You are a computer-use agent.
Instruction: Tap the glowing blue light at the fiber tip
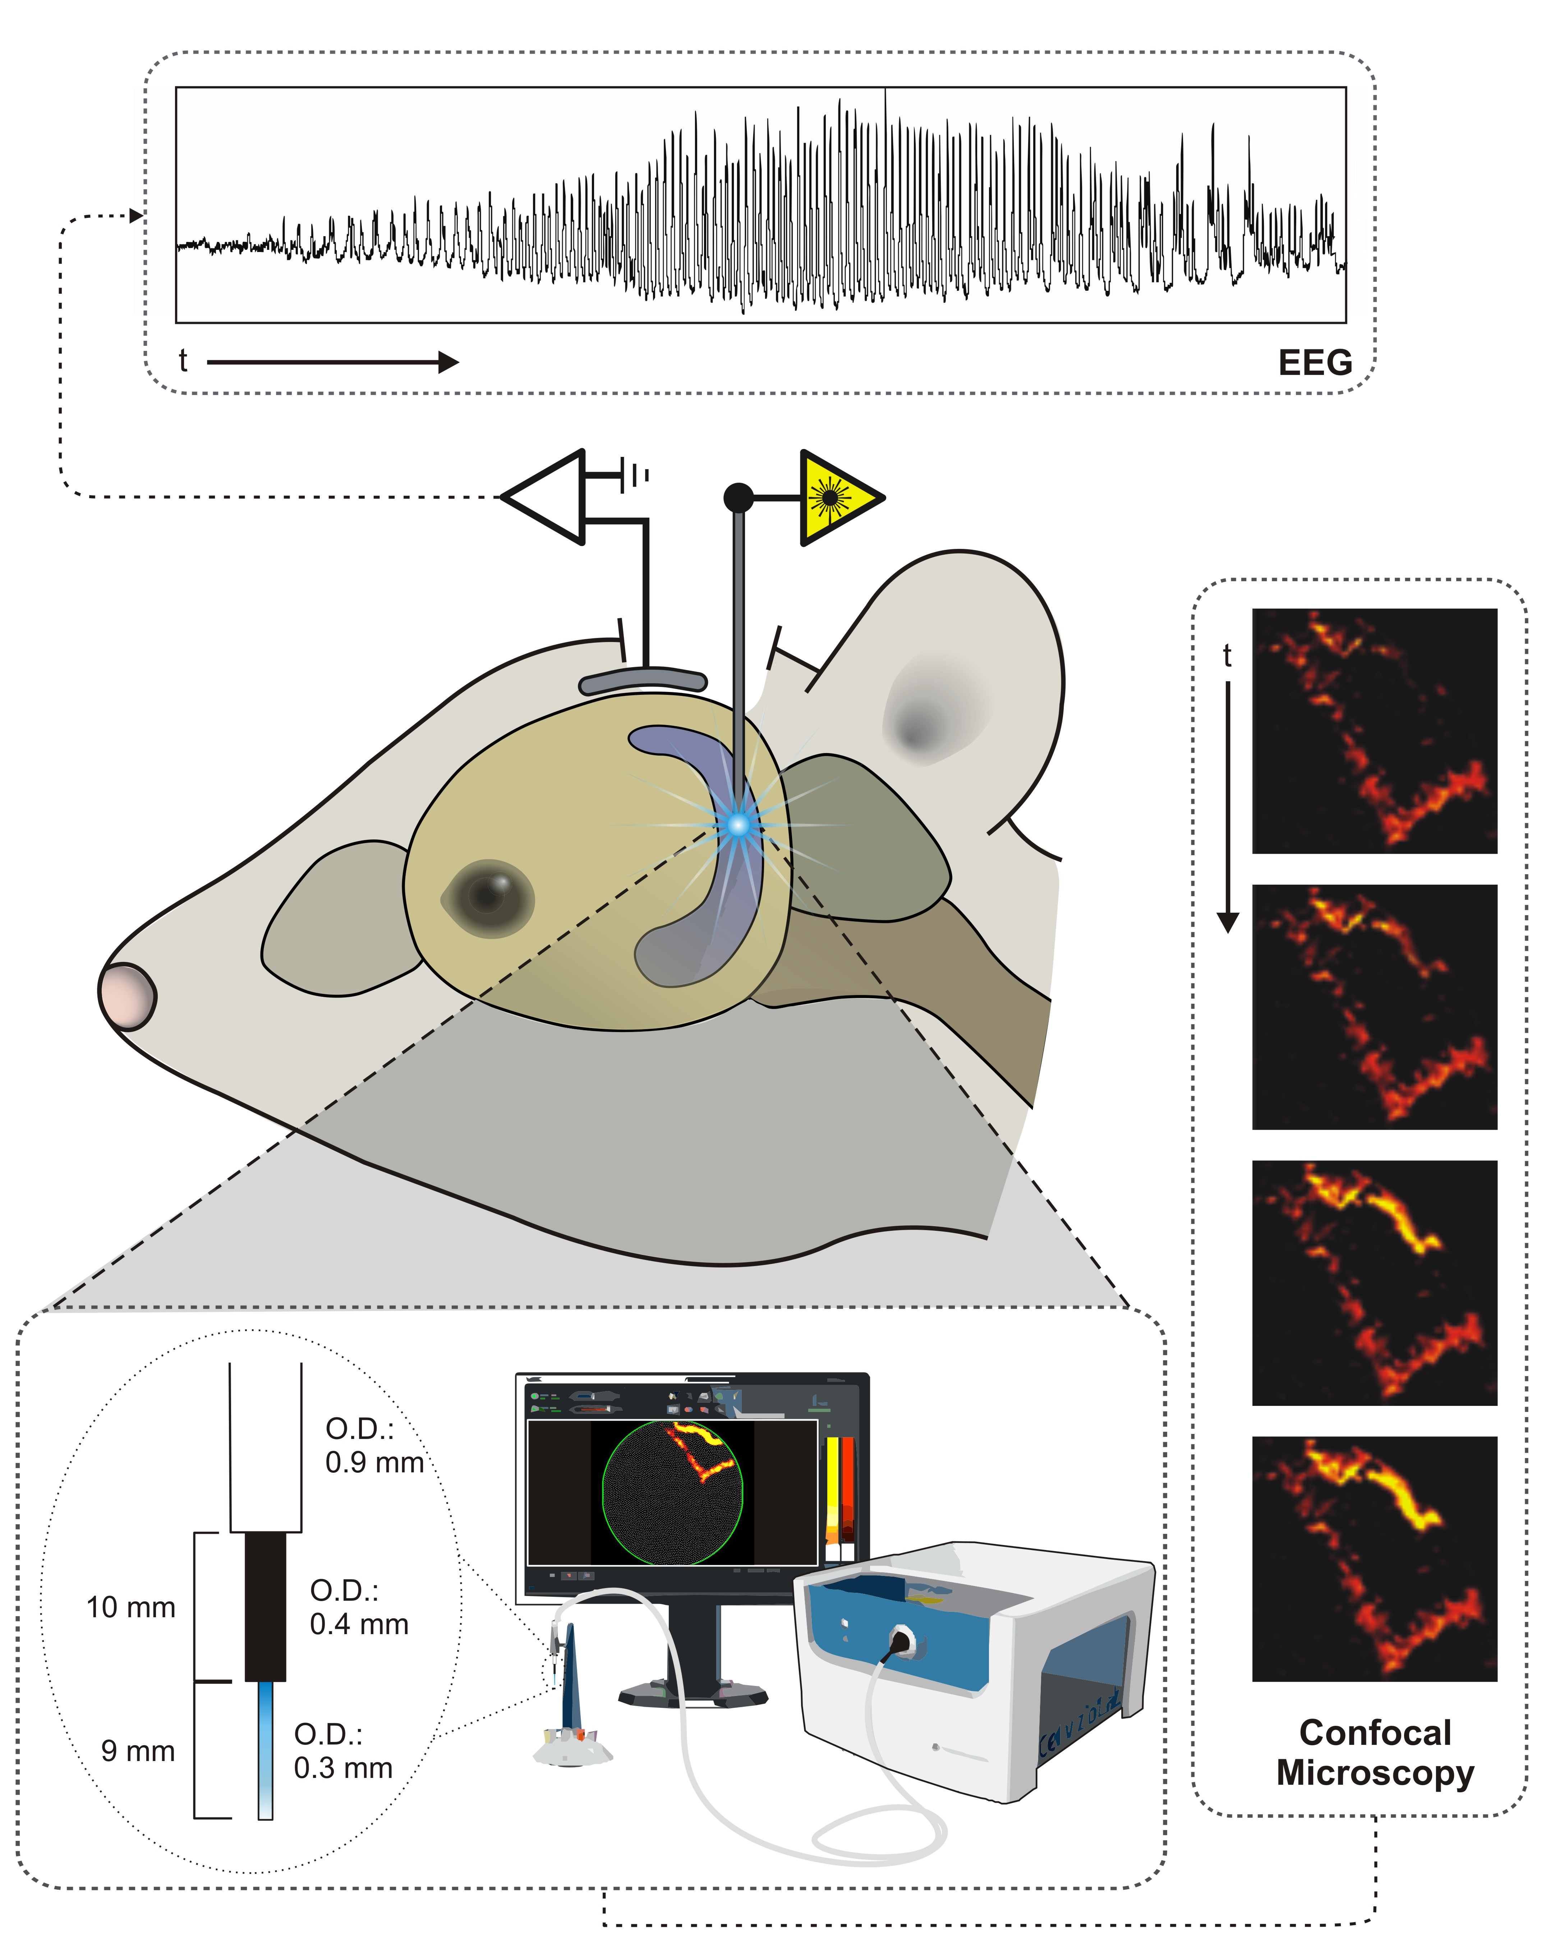click(738, 824)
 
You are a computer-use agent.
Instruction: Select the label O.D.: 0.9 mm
click(373, 1445)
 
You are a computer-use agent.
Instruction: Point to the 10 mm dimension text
click(131, 1607)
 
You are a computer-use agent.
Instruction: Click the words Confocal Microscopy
click(1375, 1752)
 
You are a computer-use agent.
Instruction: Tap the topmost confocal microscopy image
click(1374, 730)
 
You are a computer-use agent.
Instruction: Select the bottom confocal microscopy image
click(1374, 1558)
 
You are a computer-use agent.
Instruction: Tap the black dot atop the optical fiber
click(738, 497)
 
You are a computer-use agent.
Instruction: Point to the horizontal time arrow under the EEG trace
click(332, 362)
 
